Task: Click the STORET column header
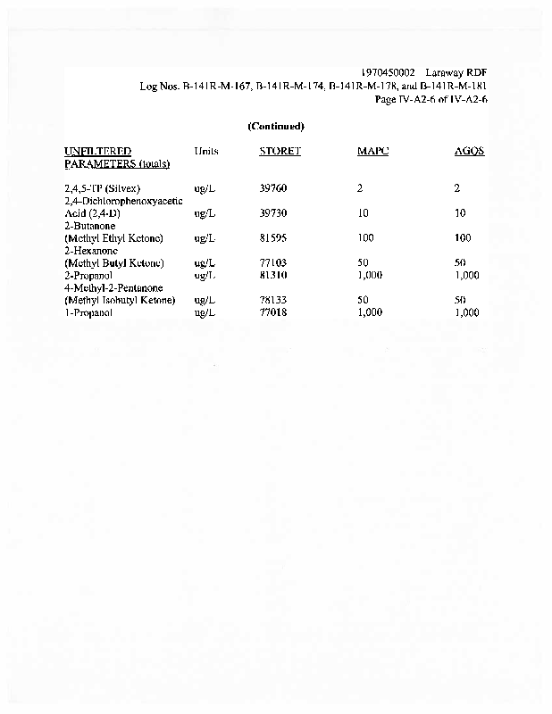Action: pos(280,151)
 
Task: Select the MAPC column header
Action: pos(372,151)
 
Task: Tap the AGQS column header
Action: pos(470,151)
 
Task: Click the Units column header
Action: pos(205,151)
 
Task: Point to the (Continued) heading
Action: pos(276,126)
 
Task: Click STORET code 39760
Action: pos(272,189)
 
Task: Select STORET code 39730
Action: pos(272,214)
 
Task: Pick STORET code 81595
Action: pos(272,239)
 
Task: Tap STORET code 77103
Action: pos(272,264)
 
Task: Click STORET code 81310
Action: pos(272,276)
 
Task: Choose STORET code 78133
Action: pos(272,301)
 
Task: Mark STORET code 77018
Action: pos(272,313)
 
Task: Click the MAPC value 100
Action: pos(364,239)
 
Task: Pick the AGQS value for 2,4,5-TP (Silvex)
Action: pos(456,189)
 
